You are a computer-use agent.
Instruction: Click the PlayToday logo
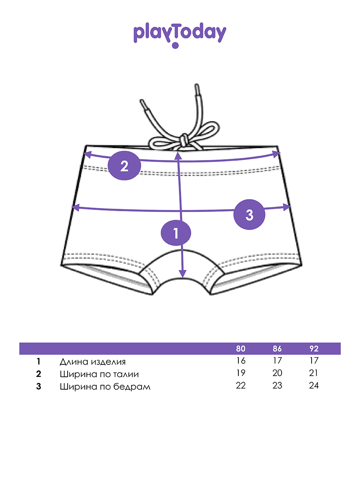point(180,34)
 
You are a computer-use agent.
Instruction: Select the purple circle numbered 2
point(124,165)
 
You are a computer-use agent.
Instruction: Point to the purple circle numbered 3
point(249,215)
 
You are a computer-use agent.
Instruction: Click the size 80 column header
point(241,349)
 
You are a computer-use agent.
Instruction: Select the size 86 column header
point(277,349)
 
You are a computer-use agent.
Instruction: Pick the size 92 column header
point(314,349)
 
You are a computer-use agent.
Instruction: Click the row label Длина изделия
point(92,362)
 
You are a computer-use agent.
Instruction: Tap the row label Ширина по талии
point(99,374)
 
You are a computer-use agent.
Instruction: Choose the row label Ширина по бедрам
point(105,387)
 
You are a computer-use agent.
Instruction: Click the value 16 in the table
point(241,361)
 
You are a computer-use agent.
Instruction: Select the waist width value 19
point(241,373)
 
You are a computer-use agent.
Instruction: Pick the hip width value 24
point(314,386)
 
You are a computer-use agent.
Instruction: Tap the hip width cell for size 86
point(277,386)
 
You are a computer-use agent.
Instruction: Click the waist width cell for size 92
point(314,373)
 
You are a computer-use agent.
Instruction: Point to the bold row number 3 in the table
point(39,387)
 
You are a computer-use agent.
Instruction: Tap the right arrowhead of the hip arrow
point(286,206)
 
